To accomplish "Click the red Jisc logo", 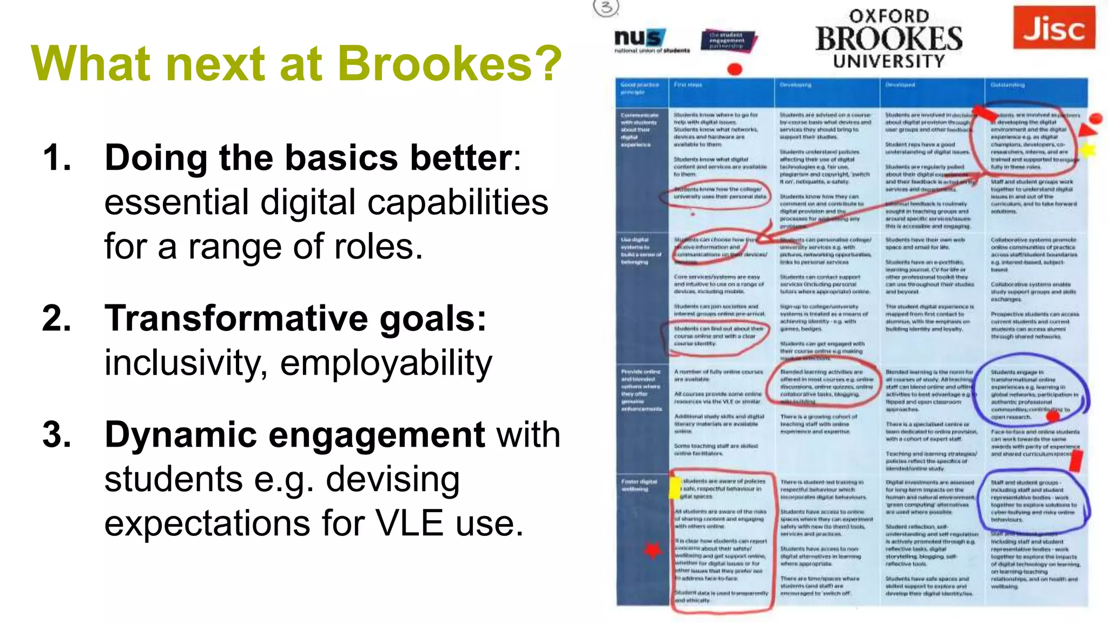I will click(1054, 28).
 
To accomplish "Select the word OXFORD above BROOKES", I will click(889, 16).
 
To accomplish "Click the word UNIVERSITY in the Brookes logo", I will click(889, 61).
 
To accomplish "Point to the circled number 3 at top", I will click(606, 7).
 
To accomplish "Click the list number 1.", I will click(57, 158).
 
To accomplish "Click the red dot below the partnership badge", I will click(734, 69).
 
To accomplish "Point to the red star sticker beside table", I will click(653, 551).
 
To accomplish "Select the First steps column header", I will click(688, 85).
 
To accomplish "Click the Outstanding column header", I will click(1007, 85).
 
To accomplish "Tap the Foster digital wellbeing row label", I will click(639, 485).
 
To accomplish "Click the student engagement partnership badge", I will click(727, 41).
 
